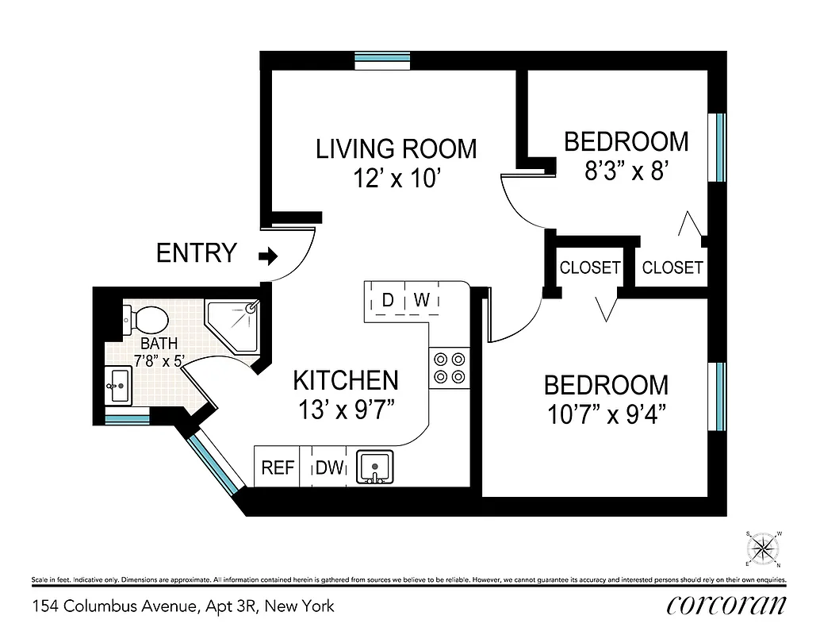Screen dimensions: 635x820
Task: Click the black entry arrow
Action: pyautogui.click(x=270, y=256)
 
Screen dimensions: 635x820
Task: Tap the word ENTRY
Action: pyautogui.click(x=196, y=253)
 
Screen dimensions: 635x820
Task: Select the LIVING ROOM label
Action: pyautogui.click(x=396, y=149)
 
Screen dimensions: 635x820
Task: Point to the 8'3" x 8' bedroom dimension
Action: pyautogui.click(x=626, y=171)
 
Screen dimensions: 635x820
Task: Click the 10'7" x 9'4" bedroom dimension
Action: pyautogui.click(x=606, y=415)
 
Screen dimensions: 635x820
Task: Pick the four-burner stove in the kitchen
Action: pyautogui.click(x=448, y=368)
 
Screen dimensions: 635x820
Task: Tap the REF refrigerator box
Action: pyautogui.click(x=278, y=468)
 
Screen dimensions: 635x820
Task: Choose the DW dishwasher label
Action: pyautogui.click(x=328, y=468)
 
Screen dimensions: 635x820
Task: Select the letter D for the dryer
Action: pyautogui.click(x=388, y=300)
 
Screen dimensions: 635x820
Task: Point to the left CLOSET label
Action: pyautogui.click(x=589, y=267)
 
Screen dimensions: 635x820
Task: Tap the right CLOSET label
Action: pyautogui.click(x=672, y=267)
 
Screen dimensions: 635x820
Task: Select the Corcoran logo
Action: pyautogui.click(x=726, y=605)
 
